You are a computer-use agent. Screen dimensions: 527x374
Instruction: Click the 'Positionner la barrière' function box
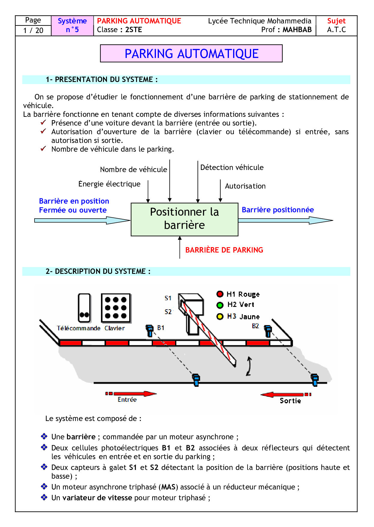pyautogui.click(x=184, y=219)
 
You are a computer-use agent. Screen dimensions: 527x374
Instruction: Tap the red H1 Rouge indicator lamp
pyautogui.click(x=220, y=294)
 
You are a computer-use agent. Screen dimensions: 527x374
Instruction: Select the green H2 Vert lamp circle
pyautogui.click(x=220, y=305)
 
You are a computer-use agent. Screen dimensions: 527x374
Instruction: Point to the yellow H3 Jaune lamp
pyautogui.click(x=220, y=317)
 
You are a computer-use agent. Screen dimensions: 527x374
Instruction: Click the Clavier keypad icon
pyautogui.click(x=116, y=308)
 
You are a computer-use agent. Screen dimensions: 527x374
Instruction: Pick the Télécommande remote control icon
pyautogui.click(x=84, y=308)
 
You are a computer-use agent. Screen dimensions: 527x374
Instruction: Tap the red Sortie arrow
pyautogui.click(x=282, y=394)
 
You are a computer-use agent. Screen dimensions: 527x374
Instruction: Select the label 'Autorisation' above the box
pyautogui.click(x=245, y=186)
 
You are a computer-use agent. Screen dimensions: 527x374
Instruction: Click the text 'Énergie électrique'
pyautogui.click(x=109, y=184)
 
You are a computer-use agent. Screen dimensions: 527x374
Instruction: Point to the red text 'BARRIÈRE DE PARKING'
pyautogui.click(x=224, y=250)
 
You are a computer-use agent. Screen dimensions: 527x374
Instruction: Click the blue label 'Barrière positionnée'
pyautogui.click(x=278, y=210)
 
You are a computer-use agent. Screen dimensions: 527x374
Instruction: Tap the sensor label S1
pyautogui.click(x=168, y=298)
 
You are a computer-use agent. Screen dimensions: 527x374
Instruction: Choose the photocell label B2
pyautogui.click(x=255, y=326)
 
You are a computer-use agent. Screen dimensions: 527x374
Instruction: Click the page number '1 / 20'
pyautogui.click(x=33, y=30)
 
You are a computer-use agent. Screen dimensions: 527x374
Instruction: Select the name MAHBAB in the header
pyautogui.click(x=297, y=30)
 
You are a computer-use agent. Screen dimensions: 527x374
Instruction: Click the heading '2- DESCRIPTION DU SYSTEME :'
pyautogui.click(x=98, y=271)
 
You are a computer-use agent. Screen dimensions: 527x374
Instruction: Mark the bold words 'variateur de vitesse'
pyautogui.click(x=97, y=498)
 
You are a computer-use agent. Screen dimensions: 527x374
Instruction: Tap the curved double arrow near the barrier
pyautogui.click(x=248, y=366)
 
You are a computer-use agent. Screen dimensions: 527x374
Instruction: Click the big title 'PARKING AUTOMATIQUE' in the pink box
pyautogui.click(x=191, y=54)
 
